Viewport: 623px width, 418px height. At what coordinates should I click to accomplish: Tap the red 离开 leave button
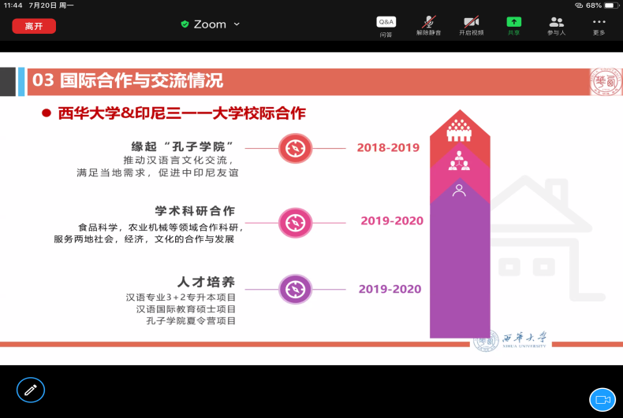pyautogui.click(x=34, y=26)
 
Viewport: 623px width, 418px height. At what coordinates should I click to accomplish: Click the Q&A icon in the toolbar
pyautogui.click(x=386, y=22)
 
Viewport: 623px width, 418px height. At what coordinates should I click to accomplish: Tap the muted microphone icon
pyautogui.click(x=429, y=21)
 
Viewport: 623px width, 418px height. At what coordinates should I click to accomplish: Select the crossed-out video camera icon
pyautogui.click(x=472, y=21)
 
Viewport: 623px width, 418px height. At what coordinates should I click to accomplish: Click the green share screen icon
pyautogui.click(x=513, y=21)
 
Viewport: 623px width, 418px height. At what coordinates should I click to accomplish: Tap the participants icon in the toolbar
pyautogui.click(x=556, y=22)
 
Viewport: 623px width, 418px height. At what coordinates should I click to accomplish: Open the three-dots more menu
pyautogui.click(x=599, y=22)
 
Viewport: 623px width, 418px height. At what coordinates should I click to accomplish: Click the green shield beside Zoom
pyautogui.click(x=185, y=24)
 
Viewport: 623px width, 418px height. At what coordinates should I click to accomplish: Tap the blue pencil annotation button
pyautogui.click(x=31, y=390)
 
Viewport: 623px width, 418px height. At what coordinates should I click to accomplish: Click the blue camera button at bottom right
pyautogui.click(x=602, y=400)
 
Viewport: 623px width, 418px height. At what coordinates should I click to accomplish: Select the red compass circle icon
pyautogui.click(x=295, y=148)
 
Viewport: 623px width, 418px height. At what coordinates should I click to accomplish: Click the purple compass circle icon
pyautogui.click(x=295, y=290)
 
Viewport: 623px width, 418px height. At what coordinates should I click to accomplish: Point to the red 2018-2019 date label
pyautogui.click(x=388, y=147)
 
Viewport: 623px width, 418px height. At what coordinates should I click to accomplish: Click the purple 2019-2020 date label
pyautogui.click(x=390, y=289)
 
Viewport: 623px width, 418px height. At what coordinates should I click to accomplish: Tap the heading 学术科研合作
pyautogui.click(x=195, y=211)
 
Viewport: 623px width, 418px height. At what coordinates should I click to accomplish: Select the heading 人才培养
pyautogui.click(x=206, y=282)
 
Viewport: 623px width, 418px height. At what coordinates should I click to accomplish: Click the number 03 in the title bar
pyautogui.click(x=43, y=80)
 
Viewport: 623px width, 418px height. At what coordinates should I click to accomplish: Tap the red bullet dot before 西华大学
pyautogui.click(x=47, y=113)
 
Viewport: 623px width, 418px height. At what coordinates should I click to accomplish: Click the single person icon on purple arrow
pyautogui.click(x=459, y=191)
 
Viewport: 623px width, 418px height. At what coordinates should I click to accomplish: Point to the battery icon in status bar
pyautogui.click(x=611, y=6)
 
